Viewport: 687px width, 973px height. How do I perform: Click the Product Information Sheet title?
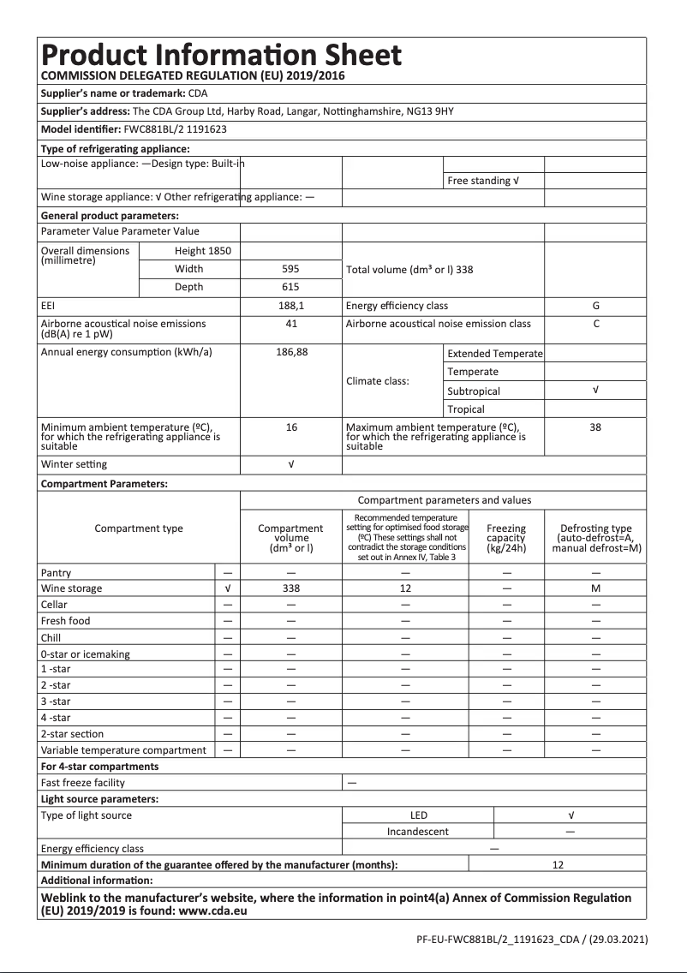point(221,56)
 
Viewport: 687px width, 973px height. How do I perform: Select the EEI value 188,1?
point(290,306)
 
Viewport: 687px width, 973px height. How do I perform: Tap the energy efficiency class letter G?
point(595,306)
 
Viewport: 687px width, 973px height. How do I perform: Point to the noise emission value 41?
point(290,324)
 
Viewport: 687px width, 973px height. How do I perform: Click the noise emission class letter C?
point(595,324)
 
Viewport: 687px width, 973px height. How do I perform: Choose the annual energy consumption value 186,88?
point(290,353)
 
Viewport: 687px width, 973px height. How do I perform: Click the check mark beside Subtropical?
point(595,391)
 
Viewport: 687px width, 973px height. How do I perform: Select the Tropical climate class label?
point(466,409)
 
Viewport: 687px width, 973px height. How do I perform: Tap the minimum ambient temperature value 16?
point(290,427)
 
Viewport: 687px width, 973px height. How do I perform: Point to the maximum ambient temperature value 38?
point(595,427)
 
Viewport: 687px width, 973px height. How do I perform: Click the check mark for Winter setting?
point(290,464)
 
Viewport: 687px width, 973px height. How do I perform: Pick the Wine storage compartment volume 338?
point(290,588)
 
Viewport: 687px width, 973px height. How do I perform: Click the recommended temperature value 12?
point(405,588)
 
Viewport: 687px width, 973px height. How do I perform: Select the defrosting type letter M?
point(595,588)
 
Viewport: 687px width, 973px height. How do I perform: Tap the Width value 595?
point(290,269)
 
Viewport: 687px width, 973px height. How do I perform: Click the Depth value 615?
point(290,287)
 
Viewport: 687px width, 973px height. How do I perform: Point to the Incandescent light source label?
point(417,831)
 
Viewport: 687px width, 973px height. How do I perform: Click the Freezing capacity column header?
point(505,538)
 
